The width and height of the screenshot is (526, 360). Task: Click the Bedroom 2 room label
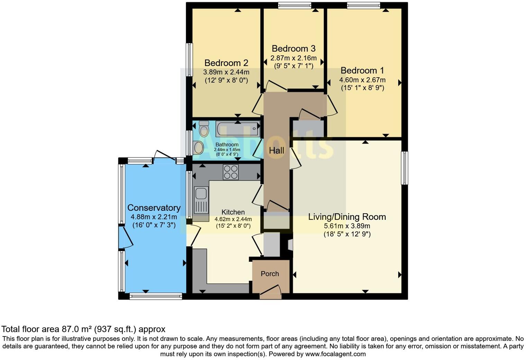[x=226, y=63]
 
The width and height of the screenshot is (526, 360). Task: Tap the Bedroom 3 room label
[x=293, y=48]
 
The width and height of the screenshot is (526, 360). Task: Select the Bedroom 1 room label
[x=362, y=71]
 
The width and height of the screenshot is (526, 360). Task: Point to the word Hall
[x=276, y=151]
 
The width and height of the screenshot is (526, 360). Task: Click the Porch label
[x=270, y=274]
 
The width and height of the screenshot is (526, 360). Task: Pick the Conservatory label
[x=154, y=208]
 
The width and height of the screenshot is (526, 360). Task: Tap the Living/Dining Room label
[x=347, y=217]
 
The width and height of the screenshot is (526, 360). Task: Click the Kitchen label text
[x=233, y=212]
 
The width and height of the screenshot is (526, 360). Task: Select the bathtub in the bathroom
[x=237, y=129]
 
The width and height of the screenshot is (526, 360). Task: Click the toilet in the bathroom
[x=204, y=129]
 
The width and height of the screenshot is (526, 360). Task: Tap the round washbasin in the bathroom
[x=199, y=148]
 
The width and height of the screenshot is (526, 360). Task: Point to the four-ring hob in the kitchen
[x=230, y=172]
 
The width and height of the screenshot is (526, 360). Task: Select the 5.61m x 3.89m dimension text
[x=347, y=226]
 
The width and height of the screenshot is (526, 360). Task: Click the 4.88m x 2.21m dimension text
[x=154, y=217]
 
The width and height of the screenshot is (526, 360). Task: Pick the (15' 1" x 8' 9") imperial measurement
[x=362, y=88]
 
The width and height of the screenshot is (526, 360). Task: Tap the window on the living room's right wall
[x=404, y=168]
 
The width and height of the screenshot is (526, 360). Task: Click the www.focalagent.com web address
[x=335, y=354]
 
